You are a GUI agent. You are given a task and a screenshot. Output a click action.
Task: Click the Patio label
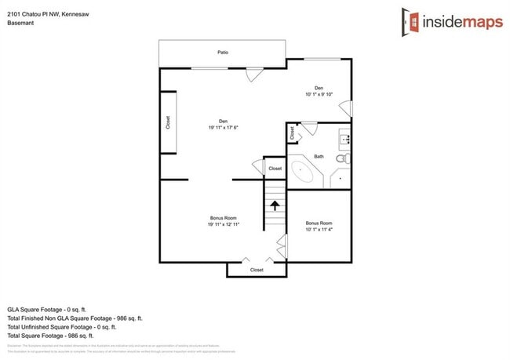pos(223,53)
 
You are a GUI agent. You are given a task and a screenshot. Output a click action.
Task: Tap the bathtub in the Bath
pos(301,171)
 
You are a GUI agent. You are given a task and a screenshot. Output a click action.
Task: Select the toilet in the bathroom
pos(342,158)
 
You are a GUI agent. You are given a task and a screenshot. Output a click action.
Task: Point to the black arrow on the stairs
pos(275,205)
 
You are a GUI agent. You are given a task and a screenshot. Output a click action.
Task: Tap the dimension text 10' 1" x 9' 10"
pos(319,94)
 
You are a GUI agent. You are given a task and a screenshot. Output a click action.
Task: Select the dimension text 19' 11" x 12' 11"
pos(223,224)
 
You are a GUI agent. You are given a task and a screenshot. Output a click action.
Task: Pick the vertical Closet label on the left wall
pos(168,122)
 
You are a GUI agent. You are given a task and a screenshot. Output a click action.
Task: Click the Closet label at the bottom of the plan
pos(257,270)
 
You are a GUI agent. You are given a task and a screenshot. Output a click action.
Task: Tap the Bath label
pos(319,157)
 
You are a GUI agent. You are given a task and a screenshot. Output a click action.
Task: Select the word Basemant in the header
pos(20,24)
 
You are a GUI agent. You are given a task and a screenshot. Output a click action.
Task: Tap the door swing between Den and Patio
pos(253,75)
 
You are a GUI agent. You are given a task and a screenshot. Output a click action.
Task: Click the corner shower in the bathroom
pos(341,178)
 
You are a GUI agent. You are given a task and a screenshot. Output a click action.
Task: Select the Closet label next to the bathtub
pos(275,169)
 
